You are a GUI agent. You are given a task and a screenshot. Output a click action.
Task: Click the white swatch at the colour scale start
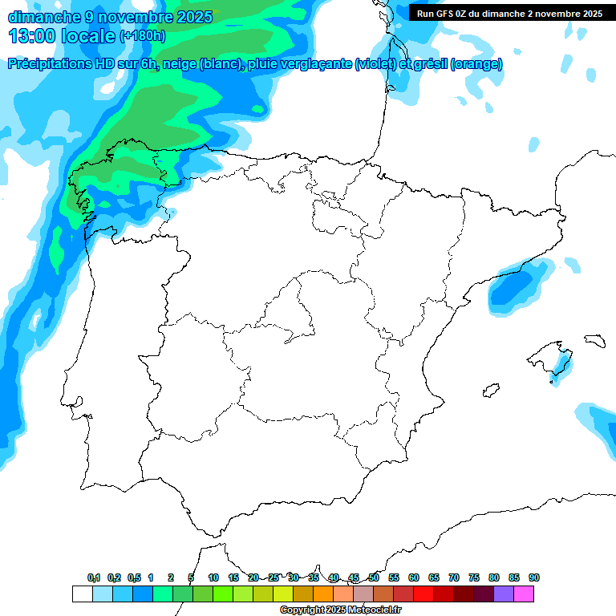pyautogui.click(x=82, y=594)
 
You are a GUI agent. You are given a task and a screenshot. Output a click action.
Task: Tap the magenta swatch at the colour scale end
pyautogui.click(x=524, y=594)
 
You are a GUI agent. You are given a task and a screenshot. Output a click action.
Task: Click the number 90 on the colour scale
pyautogui.click(x=534, y=577)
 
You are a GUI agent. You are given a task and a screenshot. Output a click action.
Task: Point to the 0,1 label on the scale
pyautogui.click(x=94, y=577)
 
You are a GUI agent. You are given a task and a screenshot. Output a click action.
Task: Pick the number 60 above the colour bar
pyautogui.click(x=414, y=577)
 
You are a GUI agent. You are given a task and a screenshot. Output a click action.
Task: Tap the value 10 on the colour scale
pyautogui.click(x=213, y=577)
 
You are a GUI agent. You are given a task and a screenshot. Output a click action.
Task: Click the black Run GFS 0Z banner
pyautogui.click(x=509, y=14)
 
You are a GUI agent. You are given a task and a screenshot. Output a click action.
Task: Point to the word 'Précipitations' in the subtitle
pyautogui.click(x=49, y=64)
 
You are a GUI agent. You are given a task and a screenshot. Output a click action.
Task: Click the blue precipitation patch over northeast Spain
pyautogui.click(x=513, y=286)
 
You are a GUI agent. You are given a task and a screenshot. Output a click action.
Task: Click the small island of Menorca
pyautogui.click(x=594, y=340)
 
